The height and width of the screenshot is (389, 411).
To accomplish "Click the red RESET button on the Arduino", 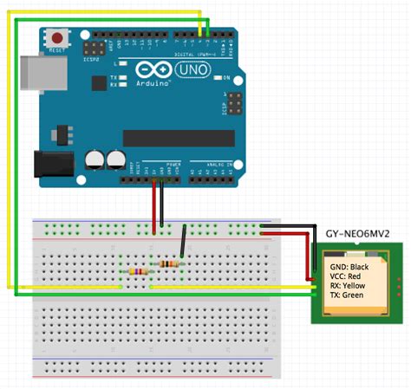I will pyautogui.click(x=57, y=37).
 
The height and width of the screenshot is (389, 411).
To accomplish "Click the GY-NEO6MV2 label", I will pyautogui.click(x=362, y=234).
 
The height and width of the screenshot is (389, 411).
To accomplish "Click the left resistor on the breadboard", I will pyautogui.click(x=136, y=271).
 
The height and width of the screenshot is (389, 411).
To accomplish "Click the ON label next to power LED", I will pyautogui.click(x=228, y=78).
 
